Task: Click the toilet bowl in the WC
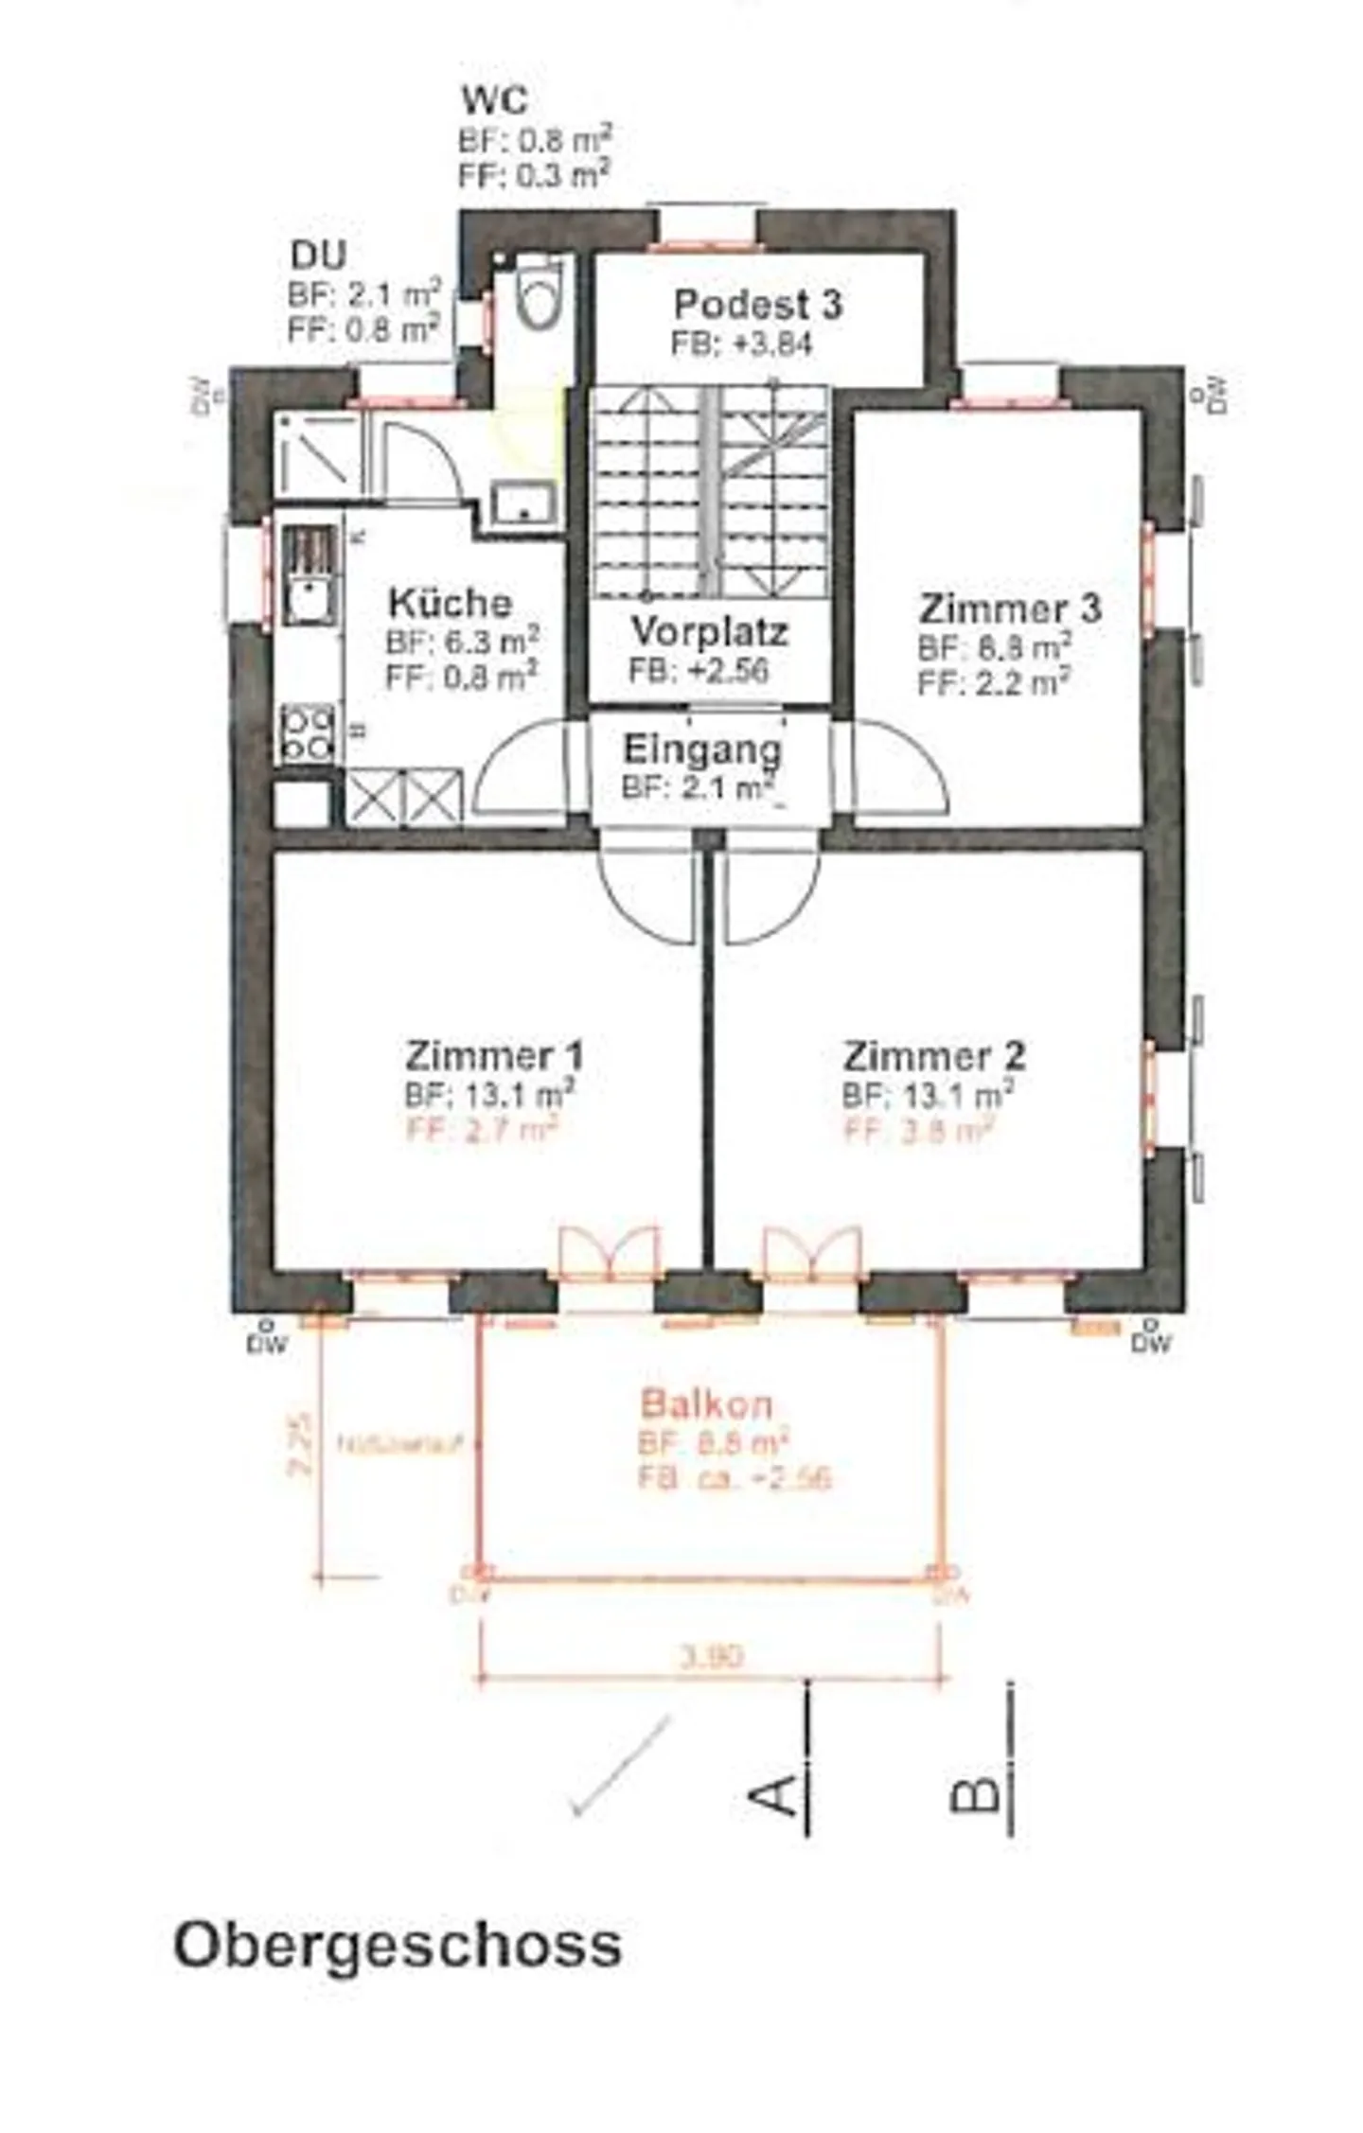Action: pyautogui.click(x=540, y=293)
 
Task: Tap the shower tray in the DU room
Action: pyautogui.click(x=317, y=456)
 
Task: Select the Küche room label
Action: pyautogui.click(x=451, y=603)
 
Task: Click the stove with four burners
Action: pyautogui.click(x=308, y=733)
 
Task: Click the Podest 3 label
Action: pyautogui.click(x=757, y=305)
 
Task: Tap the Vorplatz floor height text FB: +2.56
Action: pyautogui.click(x=699, y=670)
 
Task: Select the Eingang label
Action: pyautogui.click(x=702, y=749)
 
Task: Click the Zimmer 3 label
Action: pyautogui.click(x=1010, y=608)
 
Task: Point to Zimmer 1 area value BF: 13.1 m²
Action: pyautogui.click(x=489, y=1095)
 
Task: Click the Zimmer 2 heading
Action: pyautogui.click(x=933, y=1055)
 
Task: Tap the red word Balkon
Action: pyautogui.click(x=706, y=1403)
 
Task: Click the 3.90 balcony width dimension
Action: pyautogui.click(x=712, y=1656)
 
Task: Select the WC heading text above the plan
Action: pyautogui.click(x=494, y=99)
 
